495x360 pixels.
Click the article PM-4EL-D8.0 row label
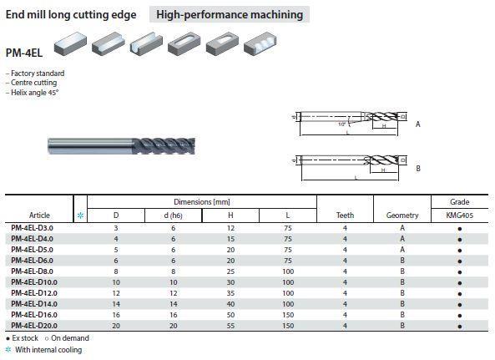click(x=32, y=271)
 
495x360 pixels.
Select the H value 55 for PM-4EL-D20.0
click(x=230, y=326)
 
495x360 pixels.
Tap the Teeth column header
click(x=345, y=215)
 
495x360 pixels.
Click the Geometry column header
click(x=402, y=215)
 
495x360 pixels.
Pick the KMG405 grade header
click(x=460, y=215)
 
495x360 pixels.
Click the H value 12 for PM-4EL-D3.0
click(x=230, y=228)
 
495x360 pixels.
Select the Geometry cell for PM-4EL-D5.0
click(x=402, y=250)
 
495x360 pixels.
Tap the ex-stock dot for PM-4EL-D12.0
click(x=460, y=294)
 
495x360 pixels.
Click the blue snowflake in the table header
click(x=80, y=215)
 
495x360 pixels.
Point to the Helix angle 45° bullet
click(x=33, y=93)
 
